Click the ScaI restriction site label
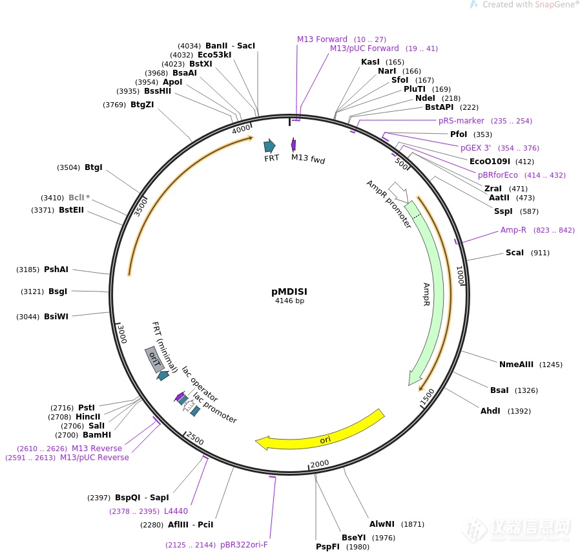click(515, 253)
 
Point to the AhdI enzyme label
click(490, 411)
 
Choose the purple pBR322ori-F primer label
click(243, 545)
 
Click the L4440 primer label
click(176, 511)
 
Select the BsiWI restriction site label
click(56, 317)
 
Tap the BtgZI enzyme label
click(142, 105)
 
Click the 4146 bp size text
click(289, 301)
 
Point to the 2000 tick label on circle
click(320, 463)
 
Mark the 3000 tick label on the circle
click(121, 334)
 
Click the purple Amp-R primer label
click(513, 230)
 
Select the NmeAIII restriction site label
click(516, 365)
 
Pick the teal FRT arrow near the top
click(269, 145)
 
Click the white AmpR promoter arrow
click(399, 191)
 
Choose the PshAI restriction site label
click(56, 270)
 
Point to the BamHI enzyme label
click(97, 435)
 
